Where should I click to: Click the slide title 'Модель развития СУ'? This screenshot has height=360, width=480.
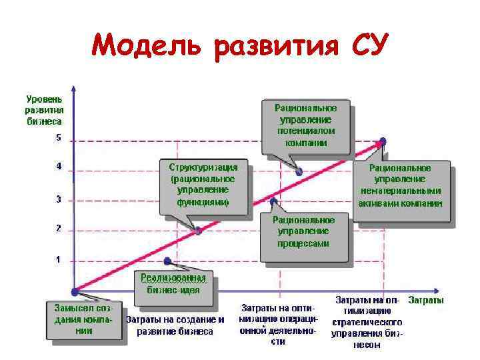point(236,45)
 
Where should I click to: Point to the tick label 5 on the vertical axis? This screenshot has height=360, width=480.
point(58,139)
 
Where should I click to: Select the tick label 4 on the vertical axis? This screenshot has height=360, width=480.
point(58,166)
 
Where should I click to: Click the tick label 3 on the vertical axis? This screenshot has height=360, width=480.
point(58,199)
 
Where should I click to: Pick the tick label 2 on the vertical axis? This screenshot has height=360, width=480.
point(58,228)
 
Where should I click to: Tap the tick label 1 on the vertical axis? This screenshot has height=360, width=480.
point(58,259)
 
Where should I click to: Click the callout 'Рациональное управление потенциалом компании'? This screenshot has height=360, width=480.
point(306,125)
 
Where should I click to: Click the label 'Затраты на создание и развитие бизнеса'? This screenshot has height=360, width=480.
point(175,325)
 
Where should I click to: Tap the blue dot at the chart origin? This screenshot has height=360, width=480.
point(75,291)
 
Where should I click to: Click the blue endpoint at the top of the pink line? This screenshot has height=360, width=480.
point(382,141)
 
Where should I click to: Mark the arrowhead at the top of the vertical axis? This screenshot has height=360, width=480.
point(75,89)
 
